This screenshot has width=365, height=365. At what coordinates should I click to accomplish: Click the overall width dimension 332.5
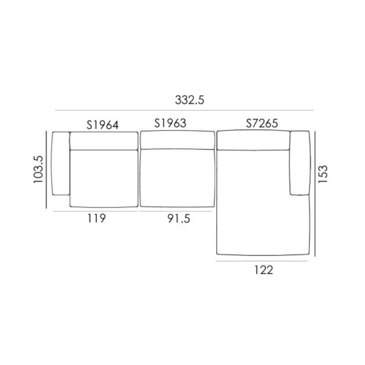pyautogui.click(x=189, y=100)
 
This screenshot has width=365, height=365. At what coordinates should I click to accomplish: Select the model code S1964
pyautogui.click(x=103, y=125)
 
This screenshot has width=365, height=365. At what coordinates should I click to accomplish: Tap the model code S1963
pyautogui.click(x=170, y=123)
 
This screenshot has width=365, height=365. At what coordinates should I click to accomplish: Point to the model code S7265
pyautogui.click(x=262, y=123)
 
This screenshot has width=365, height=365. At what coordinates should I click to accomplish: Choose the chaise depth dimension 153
pyautogui.click(x=323, y=174)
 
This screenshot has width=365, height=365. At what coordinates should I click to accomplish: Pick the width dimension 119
pyautogui.click(x=97, y=219)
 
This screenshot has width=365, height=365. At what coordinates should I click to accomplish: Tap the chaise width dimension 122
pyautogui.click(x=263, y=270)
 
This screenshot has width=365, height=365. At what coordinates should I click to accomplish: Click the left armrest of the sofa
pyautogui.click(x=60, y=163)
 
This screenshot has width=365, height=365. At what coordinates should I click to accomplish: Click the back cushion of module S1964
pyautogui.click(x=104, y=141)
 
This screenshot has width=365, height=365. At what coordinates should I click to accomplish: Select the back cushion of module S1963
pyautogui.click(x=177, y=140)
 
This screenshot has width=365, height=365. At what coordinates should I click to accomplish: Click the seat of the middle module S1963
pyautogui.click(x=177, y=178)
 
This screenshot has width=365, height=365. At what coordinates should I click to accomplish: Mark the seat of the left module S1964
pyautogui.click(x=104, y=178)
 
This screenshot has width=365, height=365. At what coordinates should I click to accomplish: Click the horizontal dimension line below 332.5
pyautogui.click(x=184, y=110)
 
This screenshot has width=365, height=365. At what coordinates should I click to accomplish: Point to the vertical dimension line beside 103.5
pyautogui.click(x=47, y=169)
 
